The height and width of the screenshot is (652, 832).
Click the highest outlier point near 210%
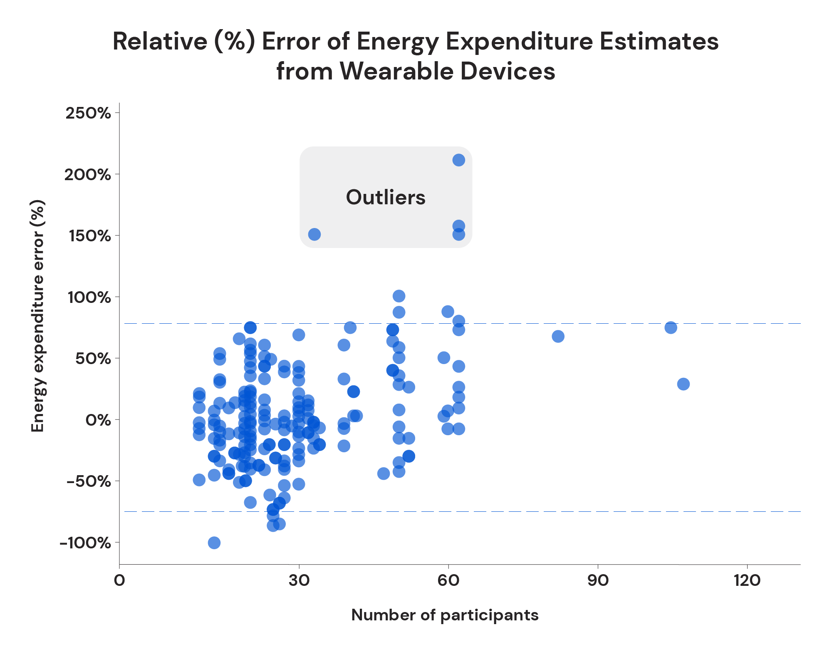(458, 160)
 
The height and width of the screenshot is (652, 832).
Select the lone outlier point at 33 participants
(314, 234)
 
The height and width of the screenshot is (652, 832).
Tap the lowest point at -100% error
(214, 543)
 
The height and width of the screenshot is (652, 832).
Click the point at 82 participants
(558, 336)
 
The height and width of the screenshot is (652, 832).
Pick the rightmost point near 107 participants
(683, 384)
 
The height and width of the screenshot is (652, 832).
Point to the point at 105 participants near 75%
(671, 327)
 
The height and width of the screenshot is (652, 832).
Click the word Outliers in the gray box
(386, 197)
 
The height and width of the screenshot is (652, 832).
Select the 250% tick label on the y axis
(88, 113)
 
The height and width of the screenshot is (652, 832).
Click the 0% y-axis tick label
(98, 420)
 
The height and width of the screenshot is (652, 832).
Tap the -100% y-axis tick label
(85, 543)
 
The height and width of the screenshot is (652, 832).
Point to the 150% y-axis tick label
(88, 236)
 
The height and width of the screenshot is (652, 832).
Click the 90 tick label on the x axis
(598, 580)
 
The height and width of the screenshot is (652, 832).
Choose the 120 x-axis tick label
(747, 580)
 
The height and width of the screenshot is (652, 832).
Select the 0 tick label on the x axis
(119, 580)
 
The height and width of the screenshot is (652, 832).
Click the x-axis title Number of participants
(445, 615)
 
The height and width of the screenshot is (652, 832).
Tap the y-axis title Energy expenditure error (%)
(38, 316)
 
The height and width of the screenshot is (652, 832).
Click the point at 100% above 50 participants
(399, 296)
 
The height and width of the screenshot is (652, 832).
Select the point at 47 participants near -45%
(384, 473)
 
